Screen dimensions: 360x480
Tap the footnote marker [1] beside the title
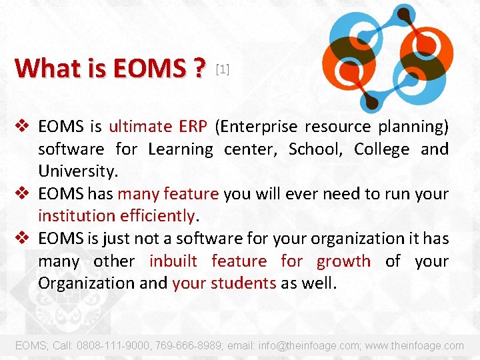click(223, 69)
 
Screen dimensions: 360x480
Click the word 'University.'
click(78, 171)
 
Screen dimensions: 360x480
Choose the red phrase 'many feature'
click(168, 194)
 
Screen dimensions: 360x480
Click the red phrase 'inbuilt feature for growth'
click(260, 261)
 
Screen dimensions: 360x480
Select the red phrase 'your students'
click(224, 283)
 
